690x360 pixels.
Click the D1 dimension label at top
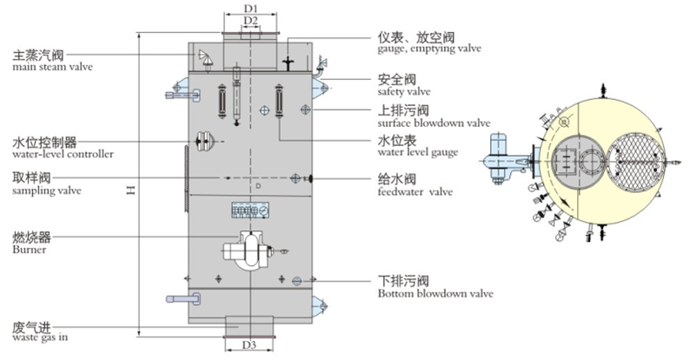point(250,8)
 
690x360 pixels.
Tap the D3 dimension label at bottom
point(249,344)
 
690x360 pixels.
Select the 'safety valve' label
point(403,90)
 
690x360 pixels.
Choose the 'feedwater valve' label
point(415,190)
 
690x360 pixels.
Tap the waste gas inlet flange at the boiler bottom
point(250,323)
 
